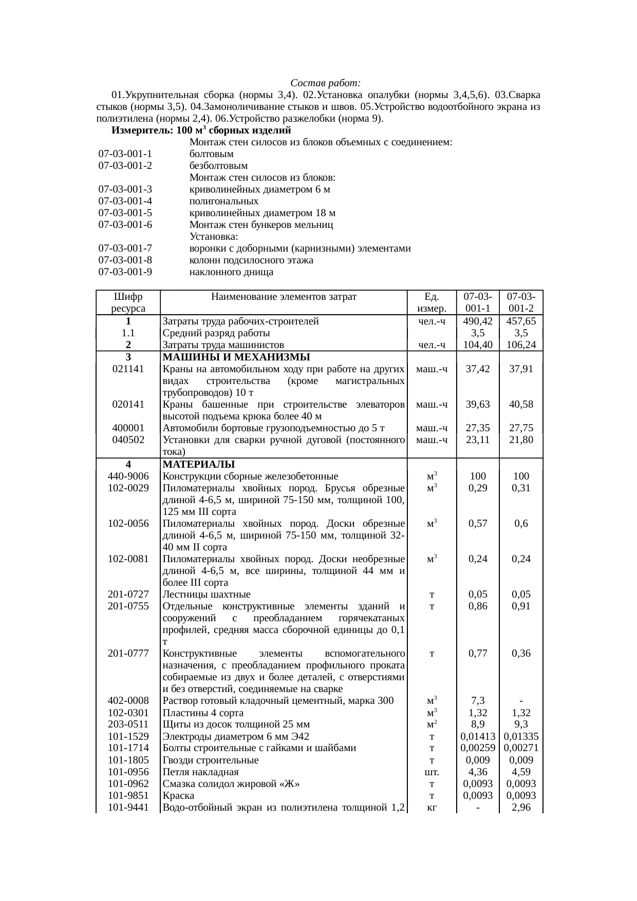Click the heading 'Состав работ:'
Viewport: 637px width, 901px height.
[x=326, y=83]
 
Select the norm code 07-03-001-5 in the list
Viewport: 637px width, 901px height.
[x=125, y=213]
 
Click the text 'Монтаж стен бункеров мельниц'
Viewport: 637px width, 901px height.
[x=261, y=225]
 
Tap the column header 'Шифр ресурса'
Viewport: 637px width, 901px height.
[x=128, y=302]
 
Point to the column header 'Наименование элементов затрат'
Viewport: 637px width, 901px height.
[x=284, y=297]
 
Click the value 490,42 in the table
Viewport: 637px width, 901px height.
[x=478, y=321]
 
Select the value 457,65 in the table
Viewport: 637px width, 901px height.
[x=521, y=321]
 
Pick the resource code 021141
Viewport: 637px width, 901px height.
[x=128, y=369]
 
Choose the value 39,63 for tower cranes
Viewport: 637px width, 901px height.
[x=478, y=405]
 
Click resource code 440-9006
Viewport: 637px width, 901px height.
[x=128, y=476]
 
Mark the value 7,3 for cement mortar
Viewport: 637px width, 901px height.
[x=478, y=701]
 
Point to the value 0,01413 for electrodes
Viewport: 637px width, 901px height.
[x=478, y=737]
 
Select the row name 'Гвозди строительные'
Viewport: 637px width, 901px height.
[x=211, y=760]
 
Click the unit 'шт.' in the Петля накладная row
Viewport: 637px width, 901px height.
[x=432, y=772]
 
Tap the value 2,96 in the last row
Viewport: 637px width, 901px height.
[x=521, y=808]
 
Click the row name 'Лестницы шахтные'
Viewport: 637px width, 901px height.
[x=207, y=595]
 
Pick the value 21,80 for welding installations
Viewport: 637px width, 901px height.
[x=521, y=440]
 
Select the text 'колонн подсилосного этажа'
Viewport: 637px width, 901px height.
[x=251, y=260]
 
